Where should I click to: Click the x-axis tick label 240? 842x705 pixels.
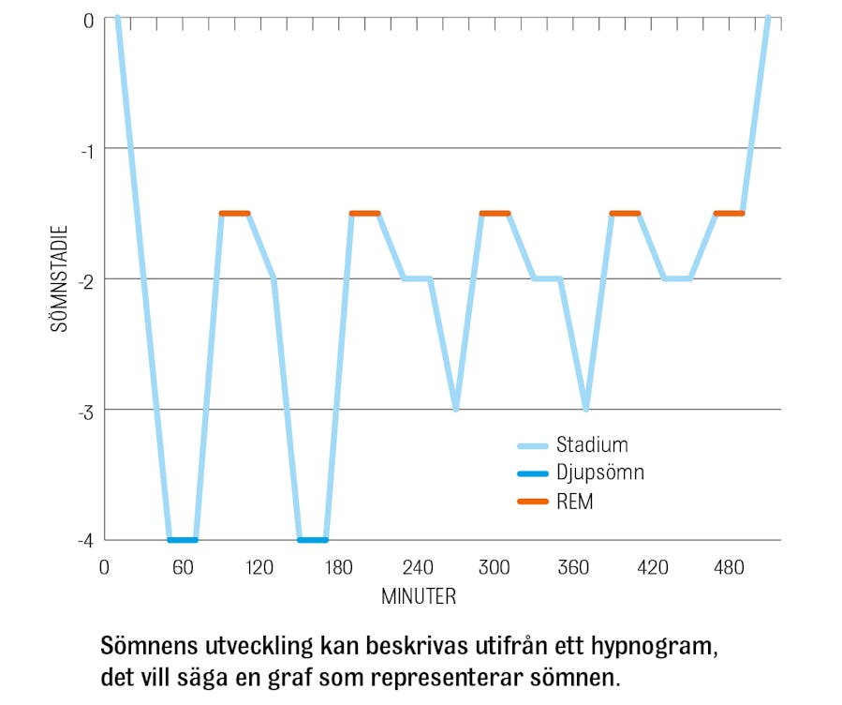[417, 568]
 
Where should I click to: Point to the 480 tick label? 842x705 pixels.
[729, 568]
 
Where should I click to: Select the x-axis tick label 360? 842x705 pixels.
[573, 568]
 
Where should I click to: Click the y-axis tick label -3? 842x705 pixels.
[88, 410]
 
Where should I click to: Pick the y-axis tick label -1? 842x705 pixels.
[88, 149]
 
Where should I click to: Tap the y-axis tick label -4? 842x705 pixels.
[88, 540]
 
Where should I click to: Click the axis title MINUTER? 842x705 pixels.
[418, 596]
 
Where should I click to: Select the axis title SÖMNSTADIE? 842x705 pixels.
[58, 278]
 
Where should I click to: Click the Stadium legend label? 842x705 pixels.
[592, 444]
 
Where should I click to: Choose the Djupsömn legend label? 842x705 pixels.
[599, 473]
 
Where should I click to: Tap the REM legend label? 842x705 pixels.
[574, 502]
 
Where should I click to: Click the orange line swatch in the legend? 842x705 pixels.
[532, 502]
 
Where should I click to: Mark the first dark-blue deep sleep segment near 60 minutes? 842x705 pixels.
[183, 540]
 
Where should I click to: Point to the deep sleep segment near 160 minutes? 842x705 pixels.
[313, 540]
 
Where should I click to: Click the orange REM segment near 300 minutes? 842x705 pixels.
[495, 214]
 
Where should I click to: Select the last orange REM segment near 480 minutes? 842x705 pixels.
[729, 214]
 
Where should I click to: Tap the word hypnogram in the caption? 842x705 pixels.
[645, 648]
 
